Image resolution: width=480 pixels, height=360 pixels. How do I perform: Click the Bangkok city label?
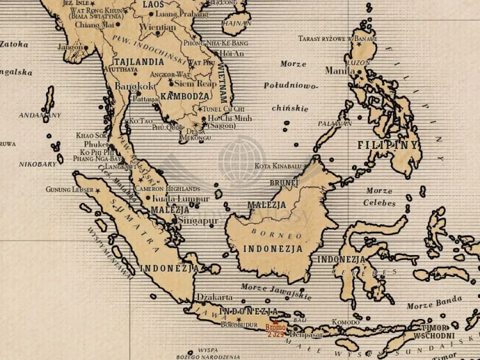click(x=134, y=86)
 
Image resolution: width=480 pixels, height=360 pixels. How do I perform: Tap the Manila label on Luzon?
click(x=340, y=70)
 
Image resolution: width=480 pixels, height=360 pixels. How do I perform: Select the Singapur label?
click(x=198, y=220)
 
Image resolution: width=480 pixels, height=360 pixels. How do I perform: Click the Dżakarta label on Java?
click(x=214, y=297)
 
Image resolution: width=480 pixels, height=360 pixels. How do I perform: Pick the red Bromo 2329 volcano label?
click(x=275, y=331)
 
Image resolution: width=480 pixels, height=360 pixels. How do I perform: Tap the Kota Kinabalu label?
click(x=278, y=166)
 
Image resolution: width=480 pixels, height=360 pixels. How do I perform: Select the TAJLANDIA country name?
click(x=139, y=62)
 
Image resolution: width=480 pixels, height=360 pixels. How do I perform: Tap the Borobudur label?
click(x=241, y=325)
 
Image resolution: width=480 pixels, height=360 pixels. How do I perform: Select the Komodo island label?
click(x=345, y=322)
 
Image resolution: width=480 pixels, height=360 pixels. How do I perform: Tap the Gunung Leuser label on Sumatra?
click(x=68, y=190)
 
